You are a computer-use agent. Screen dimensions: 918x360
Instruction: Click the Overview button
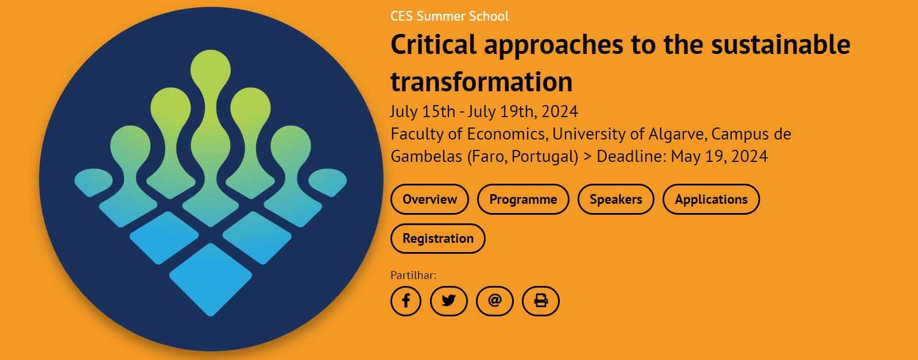pos(429,199)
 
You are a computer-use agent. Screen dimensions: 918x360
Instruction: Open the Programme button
pos(523,199)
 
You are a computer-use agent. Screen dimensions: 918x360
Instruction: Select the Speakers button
pos(615,199)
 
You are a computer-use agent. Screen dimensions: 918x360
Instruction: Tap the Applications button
pos(711,199)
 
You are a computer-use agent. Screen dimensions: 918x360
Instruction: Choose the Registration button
pos(437,239)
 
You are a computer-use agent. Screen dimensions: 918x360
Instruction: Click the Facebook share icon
pos(406,301)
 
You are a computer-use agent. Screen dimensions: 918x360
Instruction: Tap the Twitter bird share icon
pos(449,301)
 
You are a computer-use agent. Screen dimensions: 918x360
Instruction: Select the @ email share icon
pos(495,301)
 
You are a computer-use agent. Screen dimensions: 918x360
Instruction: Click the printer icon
pos(541,301)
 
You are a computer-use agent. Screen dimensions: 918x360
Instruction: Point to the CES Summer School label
pos(450,17)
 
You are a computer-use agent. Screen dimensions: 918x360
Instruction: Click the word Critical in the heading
pos(433,44)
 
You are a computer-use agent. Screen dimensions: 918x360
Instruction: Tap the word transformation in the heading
pos(482,82)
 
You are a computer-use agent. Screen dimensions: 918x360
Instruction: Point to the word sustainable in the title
pos(781,44)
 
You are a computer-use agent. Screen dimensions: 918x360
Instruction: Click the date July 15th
pos(423,111)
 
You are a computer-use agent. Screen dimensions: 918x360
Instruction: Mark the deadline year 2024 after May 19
pos(750,156)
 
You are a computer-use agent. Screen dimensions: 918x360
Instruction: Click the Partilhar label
pos(413,275)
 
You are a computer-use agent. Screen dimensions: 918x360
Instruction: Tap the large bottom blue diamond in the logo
pos(211,280)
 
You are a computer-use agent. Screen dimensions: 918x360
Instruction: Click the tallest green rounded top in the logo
pos(211,69)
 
